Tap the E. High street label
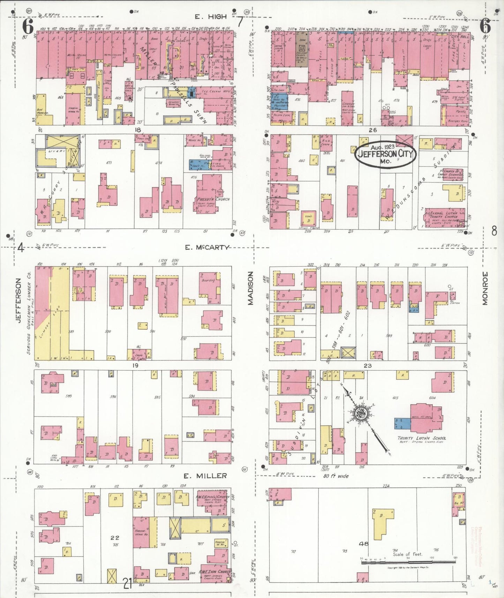(x=211, y=16)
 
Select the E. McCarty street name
(x=207, y=247)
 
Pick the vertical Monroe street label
(x=485, y=289)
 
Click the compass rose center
(x=361, y=414)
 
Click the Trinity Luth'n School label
(x=422, y=438)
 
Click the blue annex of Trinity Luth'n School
(x=403, y=423)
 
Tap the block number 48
(x=364, y=544)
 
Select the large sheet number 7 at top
(x=240, y=22)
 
